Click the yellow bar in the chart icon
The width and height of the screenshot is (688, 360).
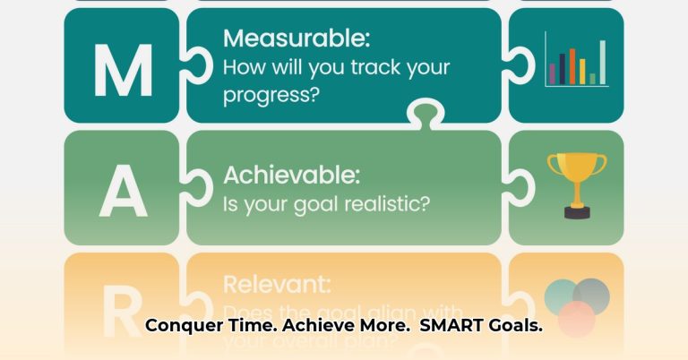tap(582, 72)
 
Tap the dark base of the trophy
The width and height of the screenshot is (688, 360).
tap(576, 212)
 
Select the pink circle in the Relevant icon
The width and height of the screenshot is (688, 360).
tap(576, 319)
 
